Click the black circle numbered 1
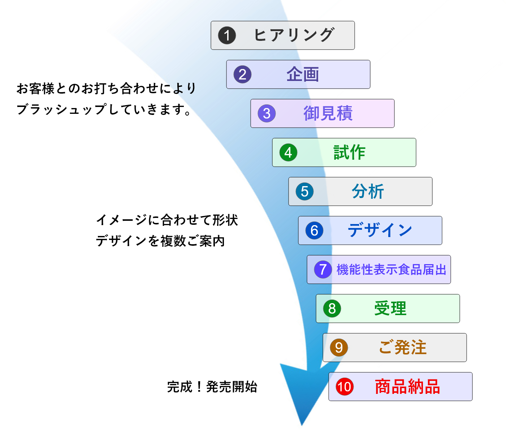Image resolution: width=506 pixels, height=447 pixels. tap(227, 35)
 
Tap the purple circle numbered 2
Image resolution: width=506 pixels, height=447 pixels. tap(242, 74)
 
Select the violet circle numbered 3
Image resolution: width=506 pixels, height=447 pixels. tap(267, 113)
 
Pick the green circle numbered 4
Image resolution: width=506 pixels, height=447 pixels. tap(288, 152)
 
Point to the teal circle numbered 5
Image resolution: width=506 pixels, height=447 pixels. tap(304, 192)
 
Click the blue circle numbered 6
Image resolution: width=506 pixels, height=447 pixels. tap(314, 231)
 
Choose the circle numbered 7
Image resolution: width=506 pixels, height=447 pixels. tap(323, 269)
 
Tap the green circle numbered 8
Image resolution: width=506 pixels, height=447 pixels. tap(332, 308)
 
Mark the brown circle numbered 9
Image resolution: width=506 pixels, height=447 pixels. tap(339, 347)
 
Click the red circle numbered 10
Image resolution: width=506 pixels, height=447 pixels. tap(345, 387)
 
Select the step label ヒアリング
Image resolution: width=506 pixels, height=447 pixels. tap(294, 35)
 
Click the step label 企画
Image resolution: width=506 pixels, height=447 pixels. tap(302, 74)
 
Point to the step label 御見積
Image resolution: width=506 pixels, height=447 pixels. tap(328, 113)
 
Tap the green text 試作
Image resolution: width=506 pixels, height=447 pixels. tap(349, 152)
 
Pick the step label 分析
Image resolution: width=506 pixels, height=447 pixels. tap(368, 192)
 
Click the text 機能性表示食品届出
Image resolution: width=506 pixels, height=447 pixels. tap(391, 269)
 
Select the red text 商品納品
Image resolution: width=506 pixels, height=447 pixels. tap(407, 387)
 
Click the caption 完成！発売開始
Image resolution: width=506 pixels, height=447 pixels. tap(212, 387)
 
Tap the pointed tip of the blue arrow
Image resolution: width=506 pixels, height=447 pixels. tap(302, 425)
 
